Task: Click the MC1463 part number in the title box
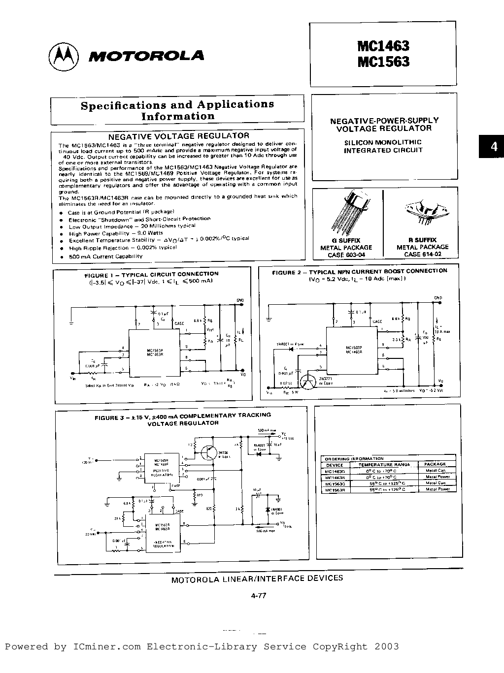pos(383,46)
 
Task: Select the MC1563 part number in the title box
pos(383,62)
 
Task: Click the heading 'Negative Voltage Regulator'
pos(178,135)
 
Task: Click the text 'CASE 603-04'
pos(346,255)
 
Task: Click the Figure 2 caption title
pos(360,271)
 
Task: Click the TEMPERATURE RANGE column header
pos(384,464)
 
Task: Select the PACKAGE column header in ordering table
pos(435,464)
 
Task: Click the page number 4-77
pos(258,595)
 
